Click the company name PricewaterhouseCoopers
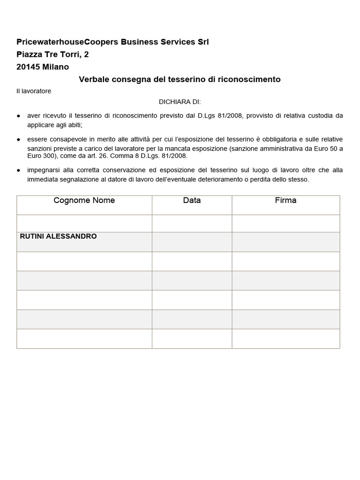point(68,42)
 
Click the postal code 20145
point(28,67)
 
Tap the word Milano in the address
point(55,67)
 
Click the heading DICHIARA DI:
point(180,102)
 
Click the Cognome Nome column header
point(84,201)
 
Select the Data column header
point(192,201)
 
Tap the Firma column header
point(285,201)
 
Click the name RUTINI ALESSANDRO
point(59,237)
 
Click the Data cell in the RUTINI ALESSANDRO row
point(192,242)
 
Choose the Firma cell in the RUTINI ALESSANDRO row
point(285,242)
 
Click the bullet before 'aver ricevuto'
point(19,116)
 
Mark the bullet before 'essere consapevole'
point(19,140)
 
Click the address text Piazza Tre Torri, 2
point(52,55)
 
